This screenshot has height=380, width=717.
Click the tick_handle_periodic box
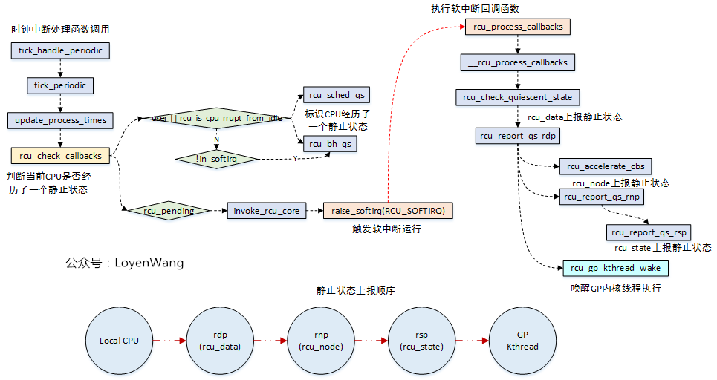(x=60, y=50)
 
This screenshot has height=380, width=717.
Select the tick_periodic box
(x=60, y=85)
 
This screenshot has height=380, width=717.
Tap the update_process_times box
(x=60, y=120)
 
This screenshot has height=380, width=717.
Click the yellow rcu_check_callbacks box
(x=60, y=155)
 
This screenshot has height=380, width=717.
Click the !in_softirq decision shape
(x=216, y=157)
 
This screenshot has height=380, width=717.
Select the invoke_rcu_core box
(x=266, y=211)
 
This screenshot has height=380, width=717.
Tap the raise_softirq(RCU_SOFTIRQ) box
(x=388, y=211)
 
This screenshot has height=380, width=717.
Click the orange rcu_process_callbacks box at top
(x=518, y=27)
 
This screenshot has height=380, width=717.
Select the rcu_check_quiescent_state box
(x=517, y=97)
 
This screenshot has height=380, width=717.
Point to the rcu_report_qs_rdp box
(x=518, y=136)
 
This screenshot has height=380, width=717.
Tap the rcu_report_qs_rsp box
(x=649, y=232)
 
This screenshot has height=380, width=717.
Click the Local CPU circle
(x=120, y=341)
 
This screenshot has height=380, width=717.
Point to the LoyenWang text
(x=148, y=263)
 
